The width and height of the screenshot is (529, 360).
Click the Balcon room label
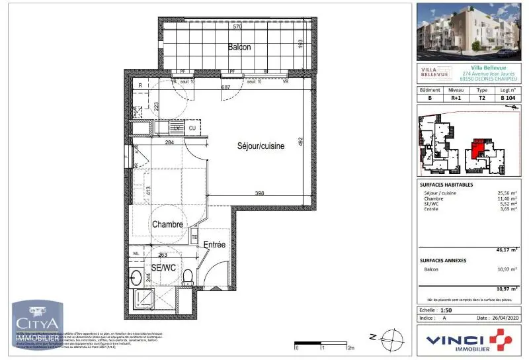tap(239, 47)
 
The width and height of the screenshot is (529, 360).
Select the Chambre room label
tap(167, 224)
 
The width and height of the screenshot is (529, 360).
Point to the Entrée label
tap(214, 245)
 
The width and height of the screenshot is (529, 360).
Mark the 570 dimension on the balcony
tap(237, 27)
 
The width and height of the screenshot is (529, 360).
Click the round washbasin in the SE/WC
tap(137, 277)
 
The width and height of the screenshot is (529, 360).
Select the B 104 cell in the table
tap(507, 97)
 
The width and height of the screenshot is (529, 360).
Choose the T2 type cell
tap(482, 97)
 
